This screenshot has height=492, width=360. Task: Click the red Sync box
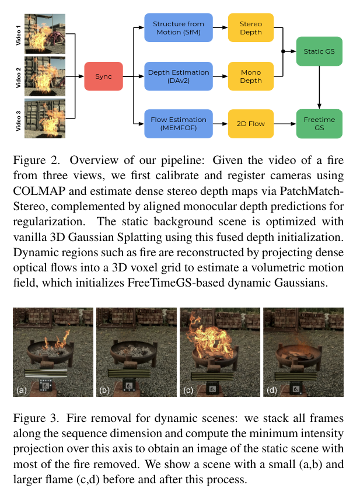pyautogui.click(x=103, y=76)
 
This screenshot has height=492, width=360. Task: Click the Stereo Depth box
pyautogui.click(x=251, y=28)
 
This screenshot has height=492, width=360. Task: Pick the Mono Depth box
pyautogui.click(x=251, y=76)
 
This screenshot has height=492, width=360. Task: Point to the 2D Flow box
pyautogui.click(x=251, y=123)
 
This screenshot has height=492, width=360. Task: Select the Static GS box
pyautogui.click(x=319, y=52)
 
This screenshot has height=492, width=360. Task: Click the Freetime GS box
pyautogui.click(x=319, y=123)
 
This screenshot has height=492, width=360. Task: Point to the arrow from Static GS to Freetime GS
pyautogui.click(x=319, y=88)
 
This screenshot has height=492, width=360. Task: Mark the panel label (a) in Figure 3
pyautogui.click(x=22, y=389)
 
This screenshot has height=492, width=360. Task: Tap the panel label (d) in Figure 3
pyautogui.click(x=271, y=389)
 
